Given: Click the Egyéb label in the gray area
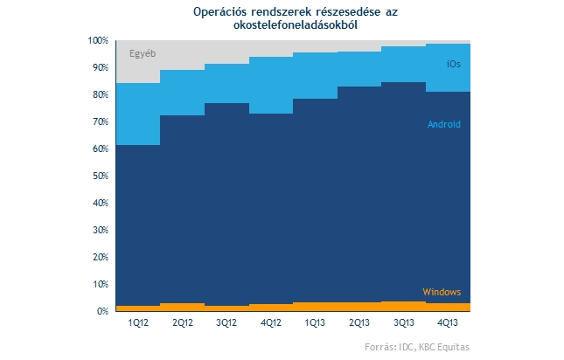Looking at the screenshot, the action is (143, 54).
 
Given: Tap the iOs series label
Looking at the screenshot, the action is (453, 64).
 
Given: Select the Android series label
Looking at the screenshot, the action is (444, 124).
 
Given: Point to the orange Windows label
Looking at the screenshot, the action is (442, 292).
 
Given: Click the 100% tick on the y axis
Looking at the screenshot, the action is (98, 40).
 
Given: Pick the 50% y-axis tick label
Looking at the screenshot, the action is (101, 176).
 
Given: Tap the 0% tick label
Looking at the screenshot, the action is (102, 311).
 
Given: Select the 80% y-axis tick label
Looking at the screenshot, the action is (101, 95).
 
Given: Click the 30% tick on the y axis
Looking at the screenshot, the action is (101, 230).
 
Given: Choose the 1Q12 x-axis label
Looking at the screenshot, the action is (138, 322).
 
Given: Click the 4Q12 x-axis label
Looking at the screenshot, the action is (271, 322).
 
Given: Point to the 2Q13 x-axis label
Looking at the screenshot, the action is (359, 322).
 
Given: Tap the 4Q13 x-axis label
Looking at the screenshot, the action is (448, 322).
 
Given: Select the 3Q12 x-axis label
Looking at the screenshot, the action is (226, 322).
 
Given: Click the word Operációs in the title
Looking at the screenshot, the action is (219, 12).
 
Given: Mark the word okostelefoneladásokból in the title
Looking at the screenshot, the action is (296, 25).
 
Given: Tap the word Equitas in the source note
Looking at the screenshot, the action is (455, 348).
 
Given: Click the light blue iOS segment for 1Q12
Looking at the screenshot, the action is (138, 114).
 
